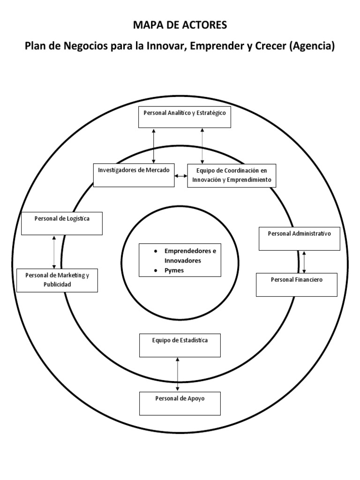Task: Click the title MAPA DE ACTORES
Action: pos(180,25)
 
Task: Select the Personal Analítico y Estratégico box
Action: pos(185,117)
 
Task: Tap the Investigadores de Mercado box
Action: pos(134,175)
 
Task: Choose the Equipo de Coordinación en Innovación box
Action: pos(232,175)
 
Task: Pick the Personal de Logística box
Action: pos(62,223)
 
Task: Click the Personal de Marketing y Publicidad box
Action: pos(57,280)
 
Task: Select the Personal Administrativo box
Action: pos(300,238)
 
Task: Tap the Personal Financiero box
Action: pos(297,285)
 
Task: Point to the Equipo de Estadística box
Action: pos(180,345)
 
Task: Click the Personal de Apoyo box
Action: pos(180,403)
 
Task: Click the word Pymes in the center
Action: pos(174,271)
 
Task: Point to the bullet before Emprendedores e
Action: pos(155,251)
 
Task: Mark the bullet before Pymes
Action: pos(155,271)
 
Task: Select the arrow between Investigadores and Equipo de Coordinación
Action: pos(181,176)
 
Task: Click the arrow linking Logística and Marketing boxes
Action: pos(54,252)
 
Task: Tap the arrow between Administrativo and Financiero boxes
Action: pos(305,262)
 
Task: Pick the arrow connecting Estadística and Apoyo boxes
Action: pos(178,374)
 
